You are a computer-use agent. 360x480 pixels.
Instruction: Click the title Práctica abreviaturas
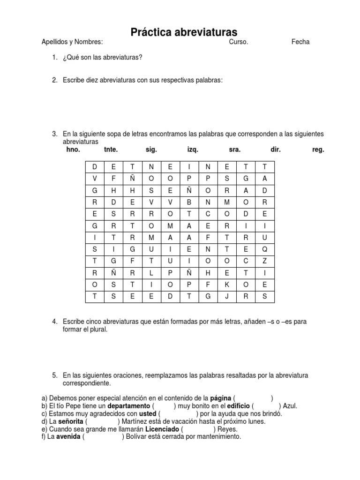coord(184,32)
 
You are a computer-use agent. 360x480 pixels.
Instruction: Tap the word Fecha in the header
coord(300,42)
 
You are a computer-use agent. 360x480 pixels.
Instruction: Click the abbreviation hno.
coord(74,150)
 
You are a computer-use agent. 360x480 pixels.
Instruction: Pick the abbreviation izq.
coord(193,150)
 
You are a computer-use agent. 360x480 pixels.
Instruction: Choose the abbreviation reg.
coord(318,150)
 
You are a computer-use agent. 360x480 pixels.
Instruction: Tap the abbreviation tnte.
coord(111,150)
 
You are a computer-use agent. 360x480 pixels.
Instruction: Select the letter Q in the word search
coord(265,249)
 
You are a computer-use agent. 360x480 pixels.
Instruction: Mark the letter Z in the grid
coord(265,261)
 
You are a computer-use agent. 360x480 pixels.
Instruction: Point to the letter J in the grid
coord(227,296)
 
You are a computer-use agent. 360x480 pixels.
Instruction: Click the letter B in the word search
coord(189,202)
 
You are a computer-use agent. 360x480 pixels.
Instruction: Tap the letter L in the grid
coord(151,273)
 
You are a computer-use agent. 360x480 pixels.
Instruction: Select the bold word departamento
coord(128,406)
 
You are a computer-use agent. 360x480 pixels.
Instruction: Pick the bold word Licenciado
coord(162,429)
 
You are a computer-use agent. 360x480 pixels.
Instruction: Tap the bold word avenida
coord(69,437)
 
